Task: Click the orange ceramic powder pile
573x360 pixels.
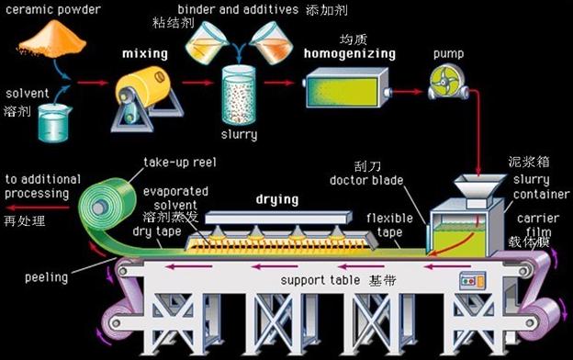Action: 52,39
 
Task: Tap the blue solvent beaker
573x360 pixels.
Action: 54,123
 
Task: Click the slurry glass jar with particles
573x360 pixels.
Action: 238,96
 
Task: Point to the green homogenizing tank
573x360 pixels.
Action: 346,88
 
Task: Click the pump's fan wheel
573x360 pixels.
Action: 444,81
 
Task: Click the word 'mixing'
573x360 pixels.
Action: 145,54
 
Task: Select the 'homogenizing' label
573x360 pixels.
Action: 350,54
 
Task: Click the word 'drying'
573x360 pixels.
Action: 277,199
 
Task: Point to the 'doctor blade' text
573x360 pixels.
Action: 366,180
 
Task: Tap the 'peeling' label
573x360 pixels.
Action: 47,277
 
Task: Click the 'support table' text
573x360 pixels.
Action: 320,280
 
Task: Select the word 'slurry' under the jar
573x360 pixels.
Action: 239,134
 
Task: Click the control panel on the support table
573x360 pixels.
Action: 473,281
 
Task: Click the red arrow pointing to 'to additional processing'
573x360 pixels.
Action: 38,208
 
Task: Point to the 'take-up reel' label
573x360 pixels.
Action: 180,163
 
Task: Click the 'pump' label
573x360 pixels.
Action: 448,54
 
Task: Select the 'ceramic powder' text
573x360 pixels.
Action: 53,9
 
